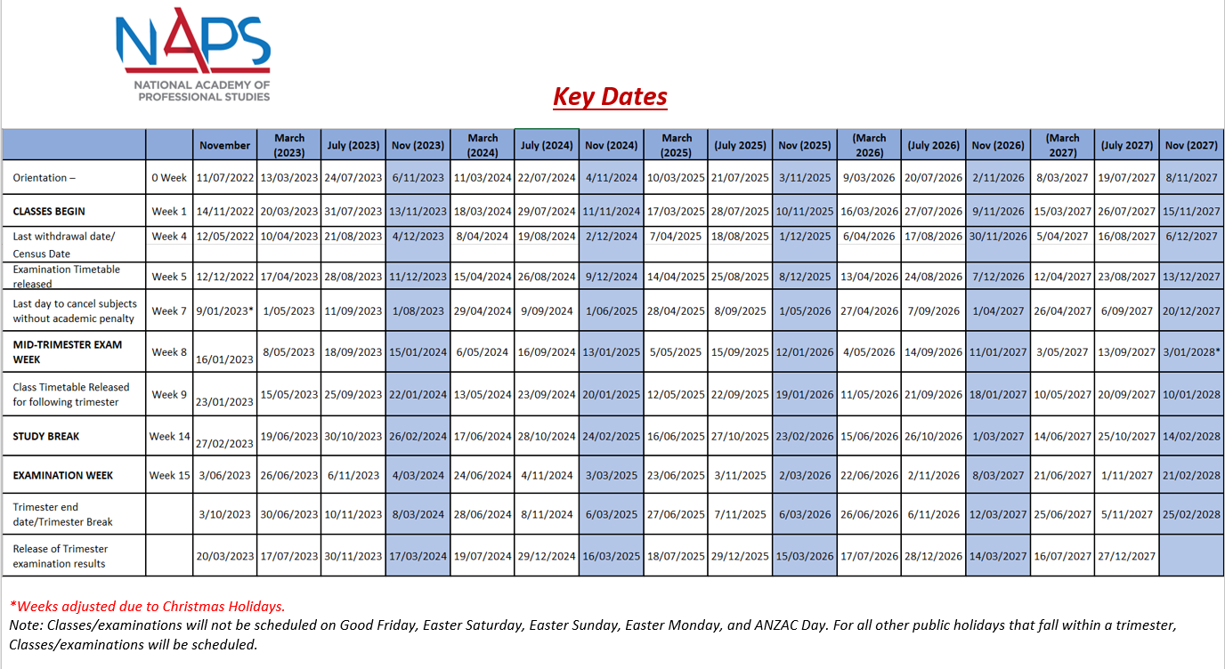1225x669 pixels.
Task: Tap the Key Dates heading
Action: [x=610, y=96]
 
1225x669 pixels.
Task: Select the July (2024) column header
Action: [x=547, y=145]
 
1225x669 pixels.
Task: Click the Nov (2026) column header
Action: [x=998, y=145]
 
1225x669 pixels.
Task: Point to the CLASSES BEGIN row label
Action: [x=49, y=212]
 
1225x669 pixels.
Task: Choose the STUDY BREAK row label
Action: [x=46, y=437]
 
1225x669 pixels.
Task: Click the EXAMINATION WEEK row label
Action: [x=63, y=476]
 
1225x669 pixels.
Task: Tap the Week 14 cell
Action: [x=169, y=437]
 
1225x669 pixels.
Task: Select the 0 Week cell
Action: [x=169, y=178]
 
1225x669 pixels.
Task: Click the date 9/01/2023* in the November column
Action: [x=225, y=311]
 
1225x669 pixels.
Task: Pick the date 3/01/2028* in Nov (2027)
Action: [x=1192, y=352]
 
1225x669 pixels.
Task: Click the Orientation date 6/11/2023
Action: [x=418, y=178]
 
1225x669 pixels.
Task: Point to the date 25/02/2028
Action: [x=1191, y=514]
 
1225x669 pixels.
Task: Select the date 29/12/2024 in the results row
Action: [x=547, y=556]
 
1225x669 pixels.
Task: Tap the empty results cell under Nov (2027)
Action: [x=1191, y=556]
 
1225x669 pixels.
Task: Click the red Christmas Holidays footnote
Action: [x=148, y=607]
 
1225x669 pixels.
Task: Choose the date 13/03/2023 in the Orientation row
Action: [x=289, y=178]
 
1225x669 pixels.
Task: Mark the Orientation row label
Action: [x=45, y=178]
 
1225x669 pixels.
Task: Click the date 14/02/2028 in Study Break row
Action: [x=1191, y=437]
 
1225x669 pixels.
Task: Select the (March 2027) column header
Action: [x=1063, y=145]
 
